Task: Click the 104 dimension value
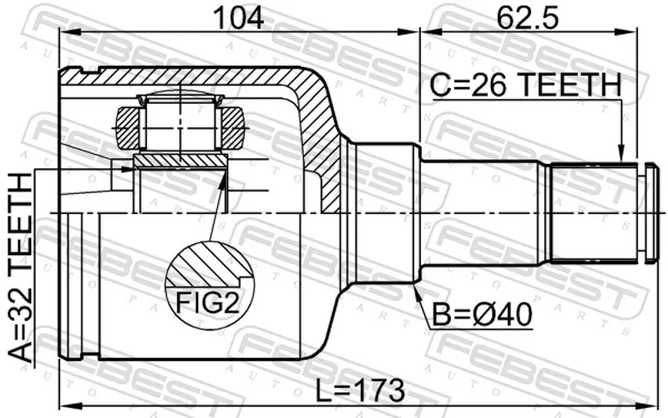[x=239, y=18]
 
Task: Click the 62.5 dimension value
[x=528, y=18]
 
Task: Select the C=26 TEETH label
[x=526, y=84]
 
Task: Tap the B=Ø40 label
[x=483, y=314]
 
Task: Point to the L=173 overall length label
[x=360, y=390]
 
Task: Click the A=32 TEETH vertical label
[x=20, y=268]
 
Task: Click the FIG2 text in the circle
[x=207, y=303]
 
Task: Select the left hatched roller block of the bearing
[x=128, y=128]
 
